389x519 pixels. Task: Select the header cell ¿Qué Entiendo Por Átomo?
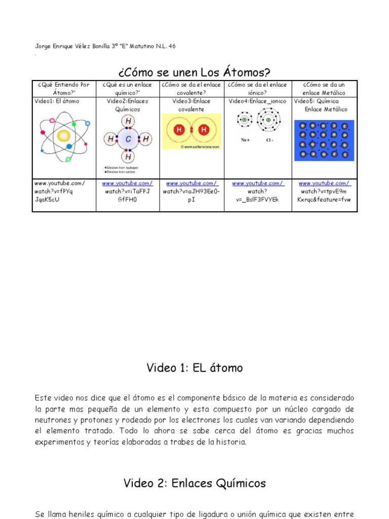tap(64, 89)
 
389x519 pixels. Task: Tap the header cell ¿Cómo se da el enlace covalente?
tap(191, 89)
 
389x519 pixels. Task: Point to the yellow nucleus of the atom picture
tap(63, 136)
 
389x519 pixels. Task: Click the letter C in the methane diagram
tap(128, 139)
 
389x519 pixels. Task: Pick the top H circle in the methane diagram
tap(128, 121)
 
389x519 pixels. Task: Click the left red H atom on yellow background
tap(179, 130)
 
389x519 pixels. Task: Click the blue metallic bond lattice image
tap(324, 140)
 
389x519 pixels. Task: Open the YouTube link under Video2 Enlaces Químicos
tap(127, 183)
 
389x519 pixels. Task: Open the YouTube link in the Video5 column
tap(324, 183)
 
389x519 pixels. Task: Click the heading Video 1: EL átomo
tap(194, 368)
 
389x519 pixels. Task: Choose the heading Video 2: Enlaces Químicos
tap(194, 483)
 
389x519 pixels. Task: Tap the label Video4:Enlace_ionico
tap(257, 101)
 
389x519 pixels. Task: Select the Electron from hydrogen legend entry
tap(123, 167)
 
